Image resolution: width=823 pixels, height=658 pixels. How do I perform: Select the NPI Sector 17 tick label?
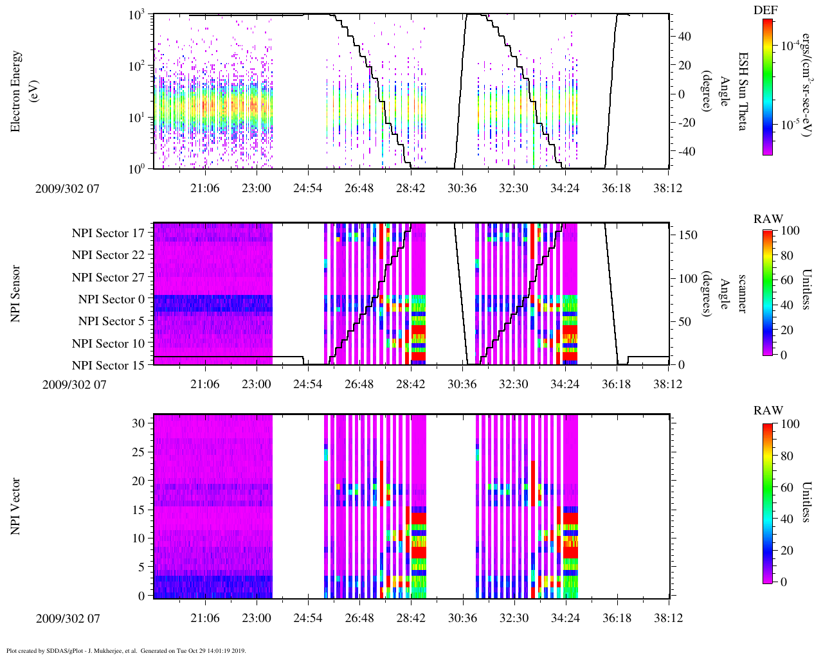[x=108, y=233]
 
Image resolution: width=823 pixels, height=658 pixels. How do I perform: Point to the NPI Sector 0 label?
[x=111, y=299]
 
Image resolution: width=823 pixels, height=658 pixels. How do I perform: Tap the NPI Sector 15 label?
[x=108, y=366]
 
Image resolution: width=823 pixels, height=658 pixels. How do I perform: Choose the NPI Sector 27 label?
[x=108, y=278]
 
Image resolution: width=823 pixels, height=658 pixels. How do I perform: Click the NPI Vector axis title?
[x=16, y=506]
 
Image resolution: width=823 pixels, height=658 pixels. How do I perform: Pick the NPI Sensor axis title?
[x=16, y=294]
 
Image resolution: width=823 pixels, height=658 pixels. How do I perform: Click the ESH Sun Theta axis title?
[x=742, y=91]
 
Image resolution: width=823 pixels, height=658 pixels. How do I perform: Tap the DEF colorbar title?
[x=765, y=10]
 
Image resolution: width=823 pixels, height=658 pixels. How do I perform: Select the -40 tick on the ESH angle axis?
[x=685, y=152]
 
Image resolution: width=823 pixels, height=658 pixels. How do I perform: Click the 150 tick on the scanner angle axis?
[x=687, y=235]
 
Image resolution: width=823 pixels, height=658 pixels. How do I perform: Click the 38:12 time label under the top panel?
[x=667, y=188]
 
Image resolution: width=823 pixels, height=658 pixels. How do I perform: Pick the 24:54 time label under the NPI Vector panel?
[x=307, y=618]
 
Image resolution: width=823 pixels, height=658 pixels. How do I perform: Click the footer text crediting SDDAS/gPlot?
[x=125, y=650]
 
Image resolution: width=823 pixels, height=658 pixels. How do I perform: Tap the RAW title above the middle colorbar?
[x=768, y=219]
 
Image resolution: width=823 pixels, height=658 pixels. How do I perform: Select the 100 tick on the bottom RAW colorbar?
[x=790, y=424]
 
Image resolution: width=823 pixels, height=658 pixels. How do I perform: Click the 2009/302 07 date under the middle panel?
[x=74, y=385]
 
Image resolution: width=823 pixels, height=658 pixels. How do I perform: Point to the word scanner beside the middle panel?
[x=742, y=294]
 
